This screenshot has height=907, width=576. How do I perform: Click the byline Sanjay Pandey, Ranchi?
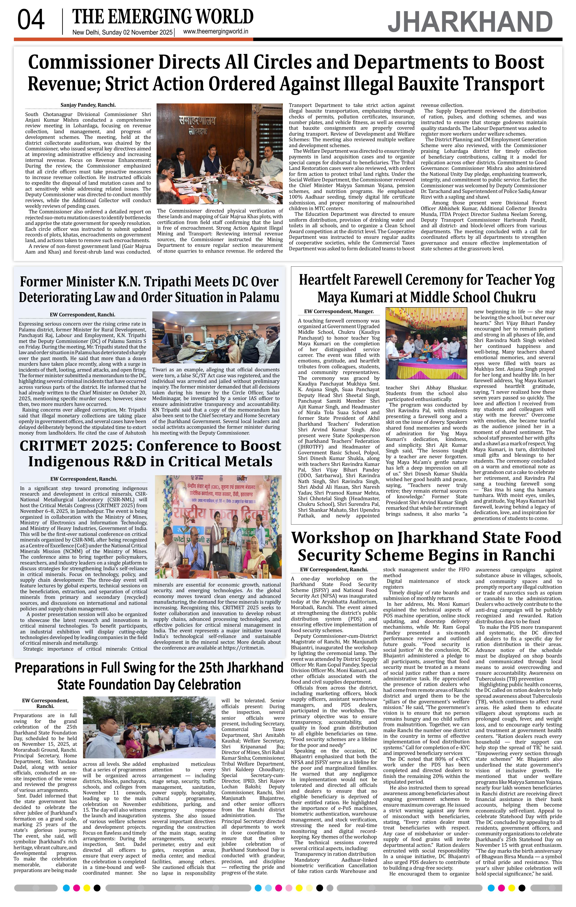pyautogui.click(x=88, y=105)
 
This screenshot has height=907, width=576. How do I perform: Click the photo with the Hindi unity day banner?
pyautogui.click(x=218, y=527)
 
